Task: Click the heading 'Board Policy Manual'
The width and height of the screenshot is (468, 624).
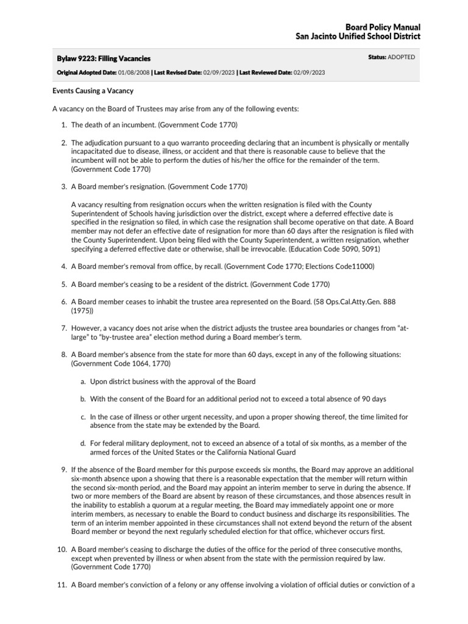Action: click(383, 28)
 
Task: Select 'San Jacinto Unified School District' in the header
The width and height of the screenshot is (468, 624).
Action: click(358, 37)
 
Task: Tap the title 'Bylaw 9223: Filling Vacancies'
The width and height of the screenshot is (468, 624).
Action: click(103, 58)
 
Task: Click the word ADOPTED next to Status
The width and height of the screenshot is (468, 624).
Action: click(401, 57)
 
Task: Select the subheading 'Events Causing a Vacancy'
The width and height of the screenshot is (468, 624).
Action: click(93, 91)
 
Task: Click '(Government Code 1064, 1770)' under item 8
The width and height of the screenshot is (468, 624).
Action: click(121, 363)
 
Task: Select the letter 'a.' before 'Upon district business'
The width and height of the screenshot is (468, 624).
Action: click(83, 381)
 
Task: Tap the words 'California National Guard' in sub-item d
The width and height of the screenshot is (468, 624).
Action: click(250, 453)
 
